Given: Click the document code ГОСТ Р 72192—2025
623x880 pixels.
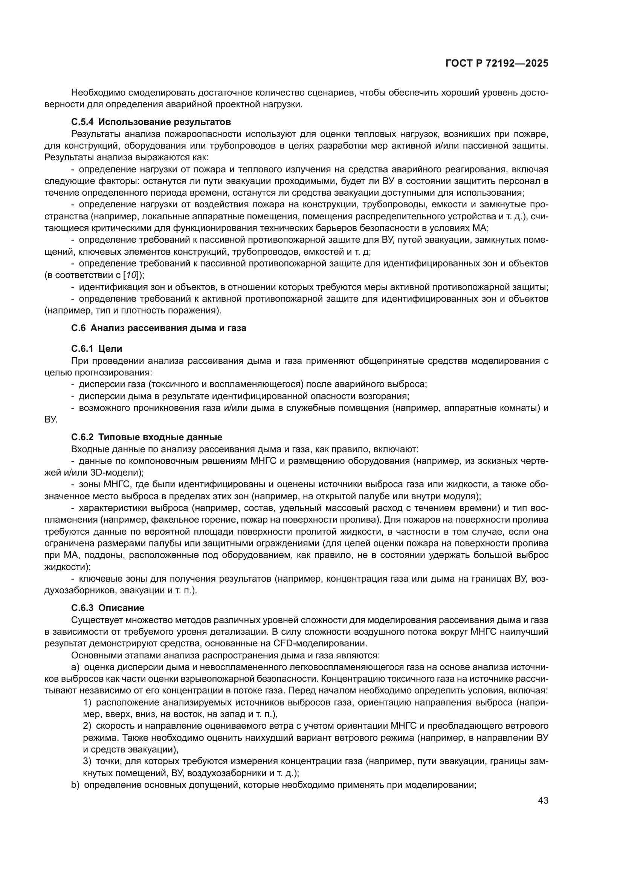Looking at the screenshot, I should pyautogui.click(x=497, y=64).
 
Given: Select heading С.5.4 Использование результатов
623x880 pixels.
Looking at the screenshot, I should pyautogui.click(x=151, y=122).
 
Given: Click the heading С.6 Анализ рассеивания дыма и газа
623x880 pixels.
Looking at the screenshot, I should pyautogui.click(x=159, y=328).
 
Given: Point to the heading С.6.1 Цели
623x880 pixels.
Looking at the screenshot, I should pyautogui.click(x=97, y=349).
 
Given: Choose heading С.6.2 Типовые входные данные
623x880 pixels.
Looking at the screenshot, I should pyautogui.click(x=147, y=437).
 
